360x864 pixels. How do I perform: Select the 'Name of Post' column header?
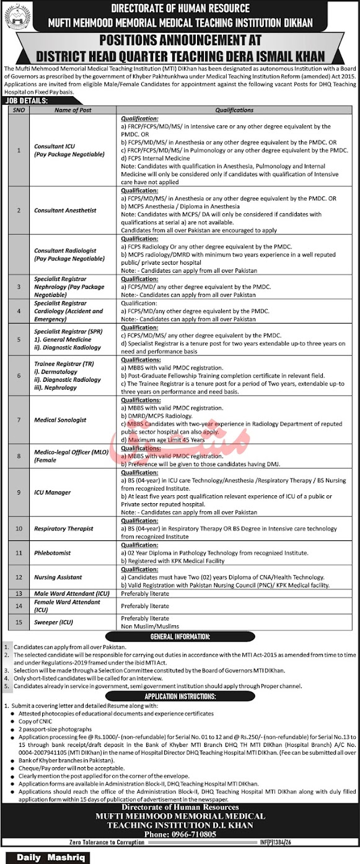point(72,110)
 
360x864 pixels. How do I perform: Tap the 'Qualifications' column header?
point(234,110)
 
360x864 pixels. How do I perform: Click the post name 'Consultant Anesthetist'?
point(65,210)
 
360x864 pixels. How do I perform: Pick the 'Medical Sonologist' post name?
point(60,420)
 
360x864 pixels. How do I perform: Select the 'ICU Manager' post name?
point(52,492)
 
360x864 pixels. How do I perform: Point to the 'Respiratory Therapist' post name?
point(64,528)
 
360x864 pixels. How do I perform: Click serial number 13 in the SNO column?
point(19,593)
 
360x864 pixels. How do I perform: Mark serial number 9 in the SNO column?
point(19,492)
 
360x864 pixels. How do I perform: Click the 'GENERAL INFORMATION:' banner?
point(179,637)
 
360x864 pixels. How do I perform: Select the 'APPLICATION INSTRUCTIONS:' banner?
point(180,697)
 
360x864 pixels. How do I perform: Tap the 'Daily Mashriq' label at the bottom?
point(45,858)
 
